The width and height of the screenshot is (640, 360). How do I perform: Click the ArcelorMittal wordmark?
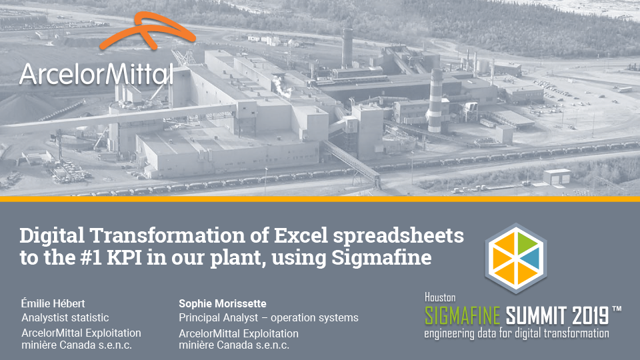(96, 74)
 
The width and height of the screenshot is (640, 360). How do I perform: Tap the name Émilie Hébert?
(53, 303)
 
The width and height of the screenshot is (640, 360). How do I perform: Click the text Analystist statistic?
(65, 317)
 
